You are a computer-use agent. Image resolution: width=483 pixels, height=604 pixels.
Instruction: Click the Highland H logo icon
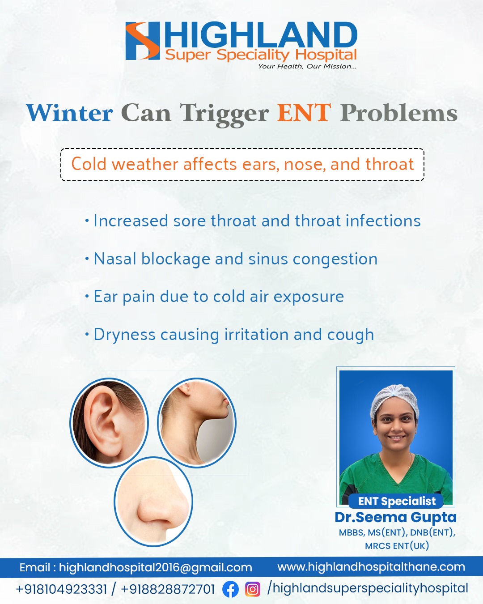(143, 41)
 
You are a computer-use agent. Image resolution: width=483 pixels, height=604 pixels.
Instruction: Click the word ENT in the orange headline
(304, 113)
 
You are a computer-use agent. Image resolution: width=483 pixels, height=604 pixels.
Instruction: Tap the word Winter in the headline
(70, 113)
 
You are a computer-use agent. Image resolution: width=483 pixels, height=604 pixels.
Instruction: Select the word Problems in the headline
(399, 113)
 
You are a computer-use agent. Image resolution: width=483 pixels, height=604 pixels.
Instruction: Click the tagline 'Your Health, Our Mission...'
(307, 66)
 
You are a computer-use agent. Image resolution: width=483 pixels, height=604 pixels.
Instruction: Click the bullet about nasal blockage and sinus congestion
(231, 259)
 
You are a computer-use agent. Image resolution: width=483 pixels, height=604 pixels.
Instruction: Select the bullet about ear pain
(214, 297)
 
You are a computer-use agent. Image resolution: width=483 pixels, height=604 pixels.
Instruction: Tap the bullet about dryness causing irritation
(229, 335)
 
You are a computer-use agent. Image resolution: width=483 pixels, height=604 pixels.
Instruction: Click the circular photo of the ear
(109, 423)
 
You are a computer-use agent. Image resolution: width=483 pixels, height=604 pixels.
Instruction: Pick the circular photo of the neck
(197, 423)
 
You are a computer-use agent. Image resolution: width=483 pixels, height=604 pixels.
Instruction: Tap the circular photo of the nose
(153, 502)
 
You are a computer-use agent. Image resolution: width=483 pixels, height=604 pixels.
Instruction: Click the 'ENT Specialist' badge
(396, 501)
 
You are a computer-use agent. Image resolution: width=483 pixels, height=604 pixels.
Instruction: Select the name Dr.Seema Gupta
(396, 517)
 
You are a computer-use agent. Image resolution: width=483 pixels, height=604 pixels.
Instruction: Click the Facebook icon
(230, 589)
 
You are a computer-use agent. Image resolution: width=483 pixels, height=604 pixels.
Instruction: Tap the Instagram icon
(253, 589)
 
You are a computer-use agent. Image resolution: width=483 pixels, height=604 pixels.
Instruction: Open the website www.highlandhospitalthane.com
(371, 567)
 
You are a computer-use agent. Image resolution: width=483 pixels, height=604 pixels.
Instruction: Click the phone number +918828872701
(168, 589)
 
